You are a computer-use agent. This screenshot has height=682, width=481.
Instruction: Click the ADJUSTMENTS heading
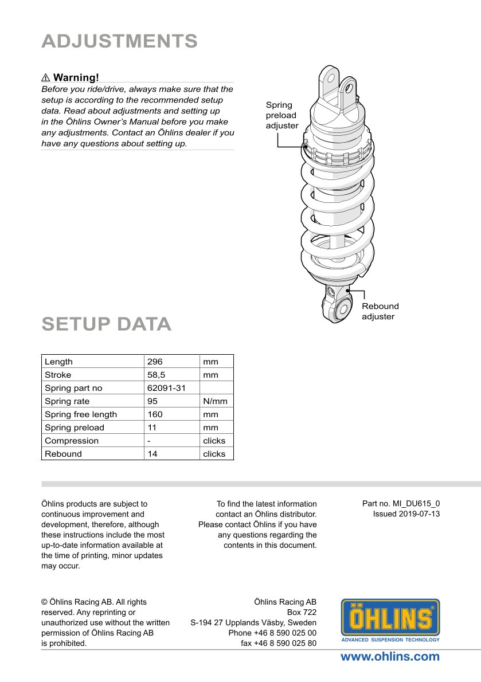(119, 41)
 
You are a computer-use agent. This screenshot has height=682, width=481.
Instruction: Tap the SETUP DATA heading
(106, 324)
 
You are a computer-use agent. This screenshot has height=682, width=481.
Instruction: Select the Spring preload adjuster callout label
(282, 115)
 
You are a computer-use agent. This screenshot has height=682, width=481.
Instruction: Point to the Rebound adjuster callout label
(380, 311)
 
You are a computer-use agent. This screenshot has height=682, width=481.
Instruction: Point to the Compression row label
(72, 441)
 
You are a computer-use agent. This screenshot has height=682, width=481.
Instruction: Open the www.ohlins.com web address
(390, 657)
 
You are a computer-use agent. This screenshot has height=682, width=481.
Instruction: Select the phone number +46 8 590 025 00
(272, 633)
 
